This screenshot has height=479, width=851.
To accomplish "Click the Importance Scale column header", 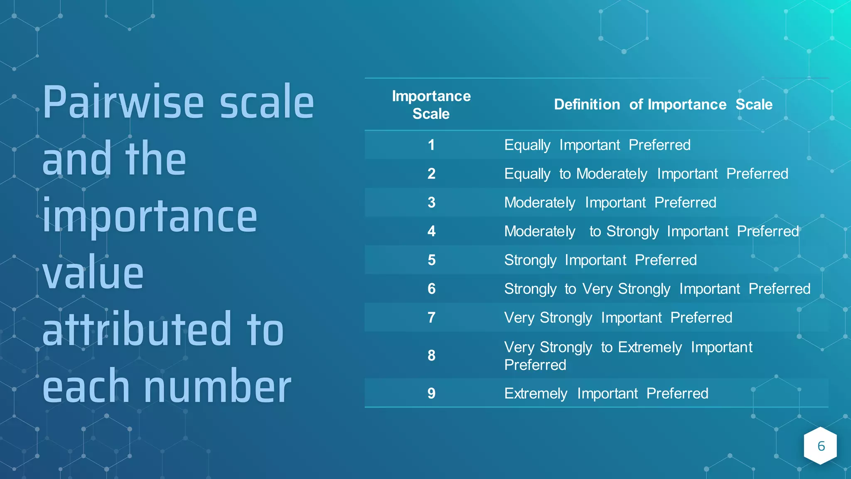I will point(431,105).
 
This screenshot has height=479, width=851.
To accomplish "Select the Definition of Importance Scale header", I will point(663,104).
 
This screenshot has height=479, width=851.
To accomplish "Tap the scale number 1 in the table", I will point(431,145).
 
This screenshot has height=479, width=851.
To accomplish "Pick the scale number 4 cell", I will point(431,231).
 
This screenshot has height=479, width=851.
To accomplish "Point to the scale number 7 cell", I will point(431,318).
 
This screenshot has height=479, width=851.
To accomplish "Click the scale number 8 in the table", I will point(431,356).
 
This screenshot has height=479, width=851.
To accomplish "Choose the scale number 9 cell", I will point(431,393).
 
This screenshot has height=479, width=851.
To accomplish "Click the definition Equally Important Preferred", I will point(597,145).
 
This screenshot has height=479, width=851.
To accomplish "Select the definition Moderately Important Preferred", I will point(610,202).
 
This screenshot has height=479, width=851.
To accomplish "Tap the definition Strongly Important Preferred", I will point(600,260).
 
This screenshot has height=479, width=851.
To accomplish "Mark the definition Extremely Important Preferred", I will point(606,393).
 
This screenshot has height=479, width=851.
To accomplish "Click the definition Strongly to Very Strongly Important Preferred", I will point(657,289).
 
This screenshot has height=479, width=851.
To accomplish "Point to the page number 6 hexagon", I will point(821,446).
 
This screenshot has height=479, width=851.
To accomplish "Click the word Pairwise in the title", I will point(124,103).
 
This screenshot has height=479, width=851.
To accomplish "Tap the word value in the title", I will point(93,274).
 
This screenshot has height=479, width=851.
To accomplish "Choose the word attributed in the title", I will point(137,330).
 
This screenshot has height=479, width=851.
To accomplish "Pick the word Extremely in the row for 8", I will point(650,347).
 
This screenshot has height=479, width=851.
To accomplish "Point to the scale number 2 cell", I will point(431,174).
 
